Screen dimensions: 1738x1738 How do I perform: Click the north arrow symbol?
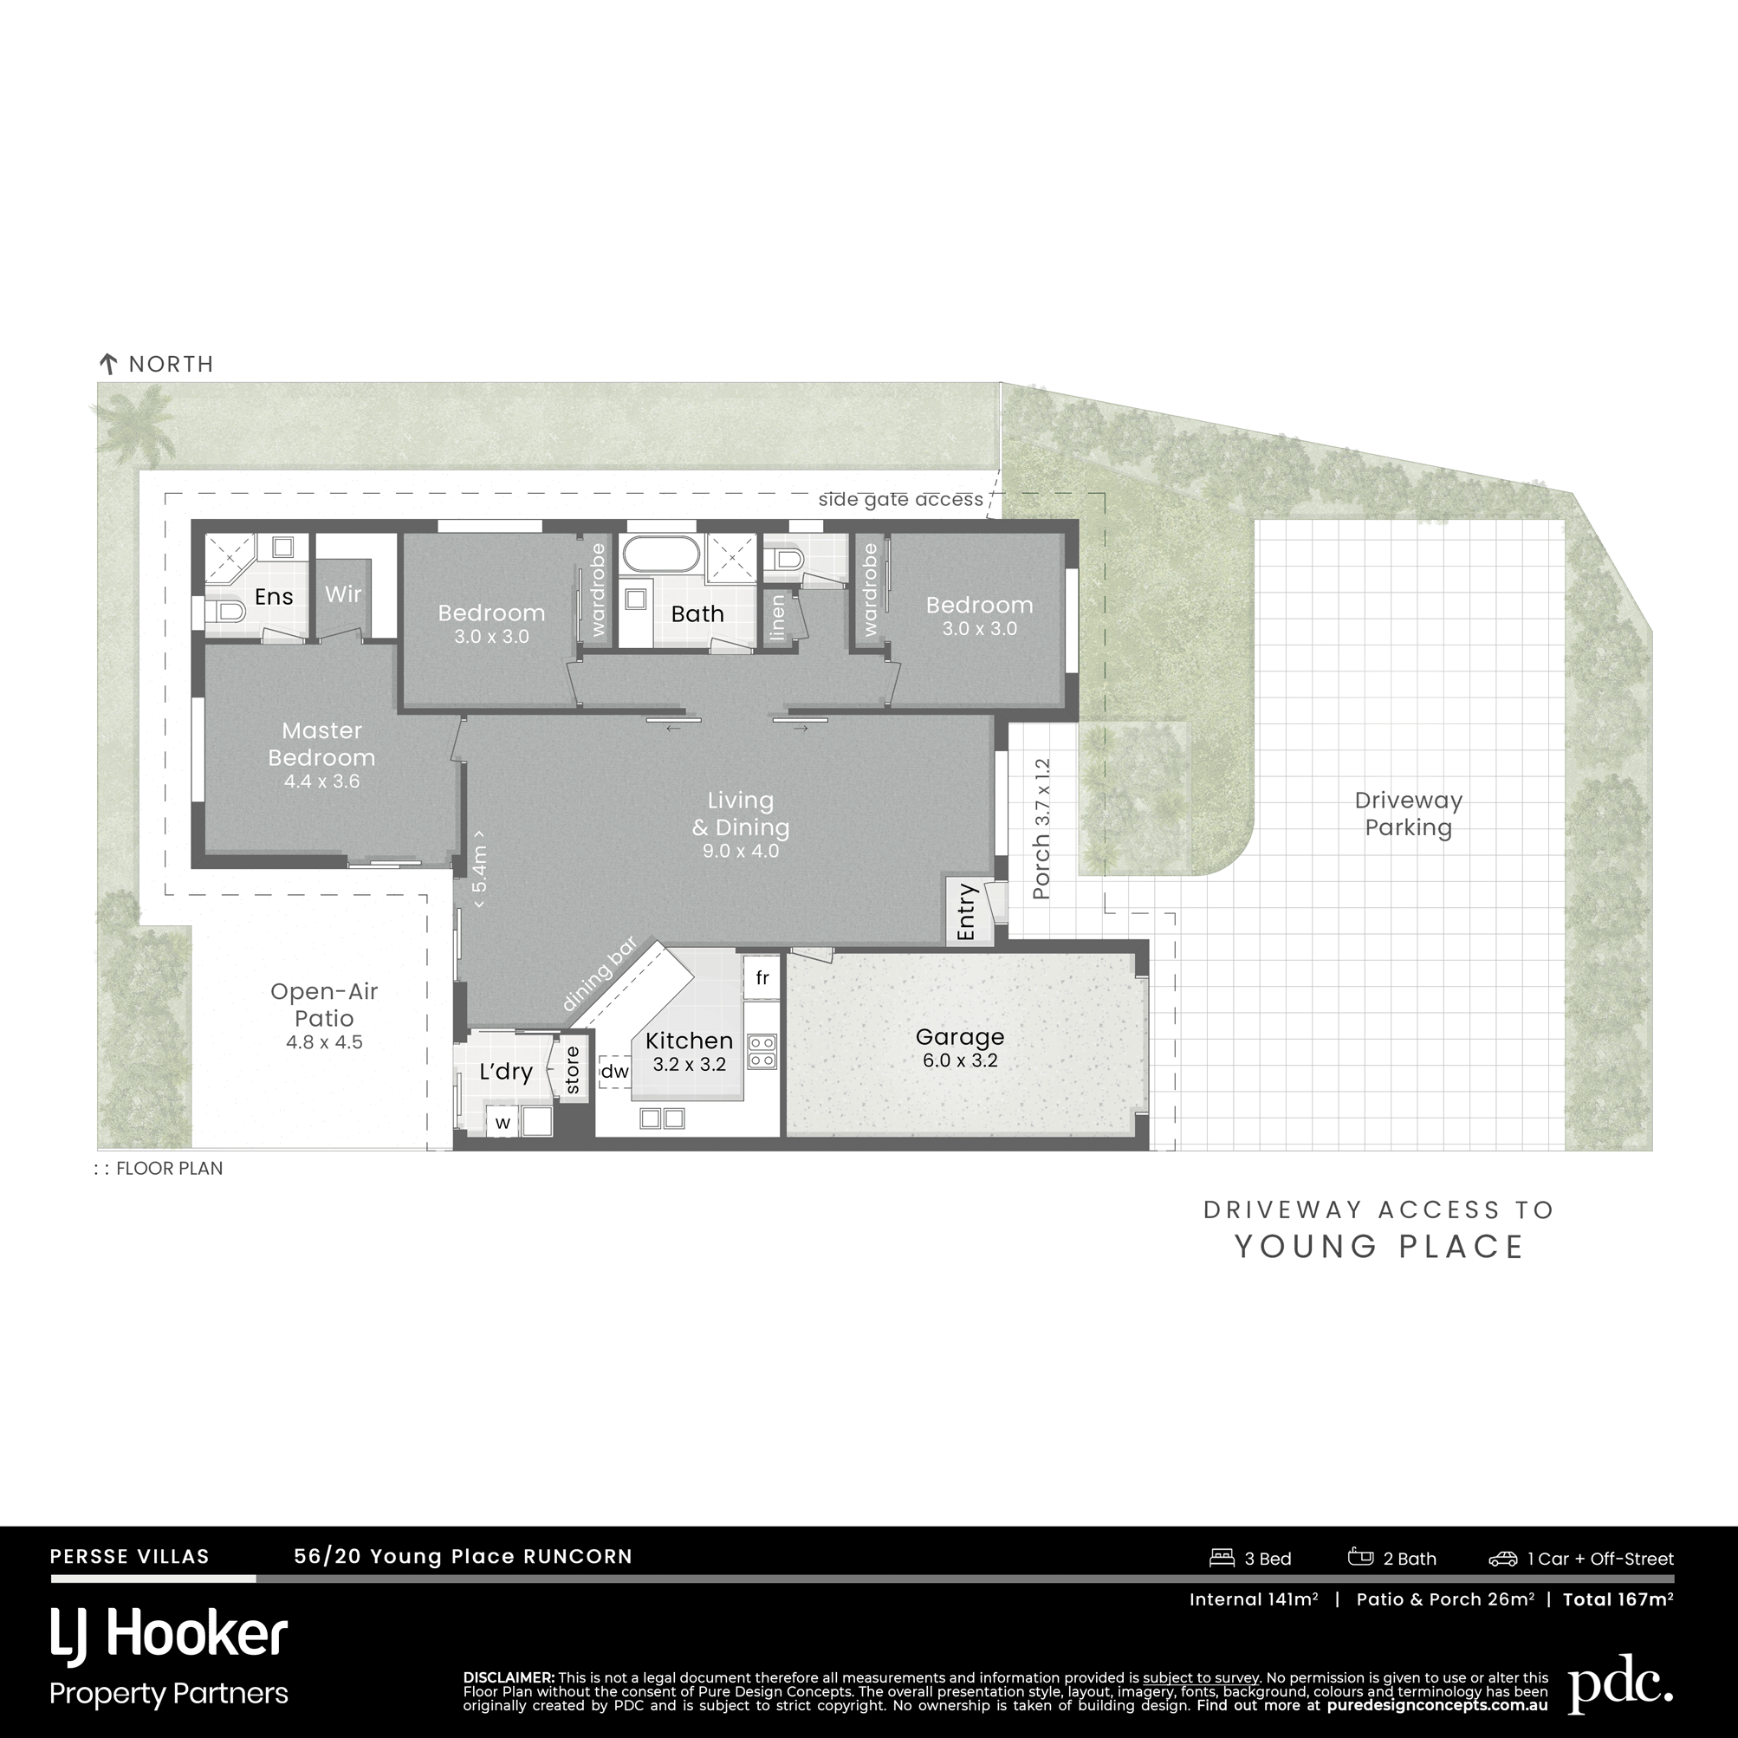pos(108,365)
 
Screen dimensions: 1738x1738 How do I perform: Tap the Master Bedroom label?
pos(321,744)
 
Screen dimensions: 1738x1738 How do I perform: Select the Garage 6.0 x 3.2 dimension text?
pos(960,1060)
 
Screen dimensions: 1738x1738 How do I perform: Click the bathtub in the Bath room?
pos(660,554)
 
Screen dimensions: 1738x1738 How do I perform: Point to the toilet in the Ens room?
pos(225,613)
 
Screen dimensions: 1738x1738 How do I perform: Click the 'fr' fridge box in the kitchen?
pos(762,978)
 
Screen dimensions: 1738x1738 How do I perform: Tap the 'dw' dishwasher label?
pos(614,1072)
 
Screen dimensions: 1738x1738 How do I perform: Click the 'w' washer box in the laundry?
pos(503,1123)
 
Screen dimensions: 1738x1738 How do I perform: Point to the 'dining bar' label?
pos(600,974)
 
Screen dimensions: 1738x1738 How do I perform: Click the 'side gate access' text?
pos(900,500)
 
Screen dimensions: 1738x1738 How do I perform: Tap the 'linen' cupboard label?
pos(778,617)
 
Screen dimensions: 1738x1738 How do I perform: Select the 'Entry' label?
pos(967,912)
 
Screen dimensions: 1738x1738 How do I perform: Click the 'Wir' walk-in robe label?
pos(344,593)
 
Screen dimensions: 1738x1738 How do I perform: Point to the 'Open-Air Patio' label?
pos(324,1005)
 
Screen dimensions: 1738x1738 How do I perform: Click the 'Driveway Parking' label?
pos(1409,814)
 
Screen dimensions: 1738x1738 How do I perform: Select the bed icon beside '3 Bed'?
pos(1222,1557)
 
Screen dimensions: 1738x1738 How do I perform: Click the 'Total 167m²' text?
pos(1618,1599)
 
